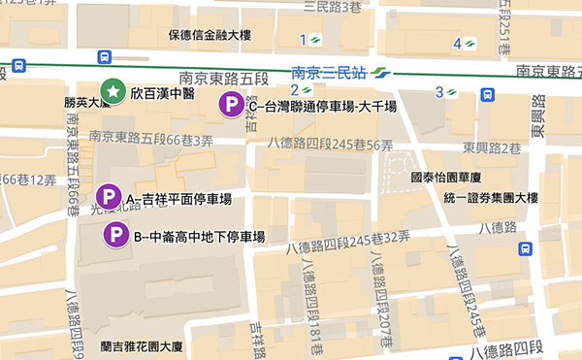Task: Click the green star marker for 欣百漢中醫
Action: tap(114, 92)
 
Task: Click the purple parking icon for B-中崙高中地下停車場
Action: tap(116, 234)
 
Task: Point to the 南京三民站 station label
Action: tap(329, 72)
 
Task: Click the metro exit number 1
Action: tap(304, 40)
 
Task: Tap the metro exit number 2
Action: tap(293, 91)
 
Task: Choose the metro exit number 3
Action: tap(438, 92)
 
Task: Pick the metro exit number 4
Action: tap(457, 43)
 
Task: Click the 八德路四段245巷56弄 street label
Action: tap(335, 145)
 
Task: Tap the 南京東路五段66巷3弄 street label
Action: tap(150, 139)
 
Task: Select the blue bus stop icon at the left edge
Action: tap(19, 66)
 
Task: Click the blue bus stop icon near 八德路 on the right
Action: tap(525, 248)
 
